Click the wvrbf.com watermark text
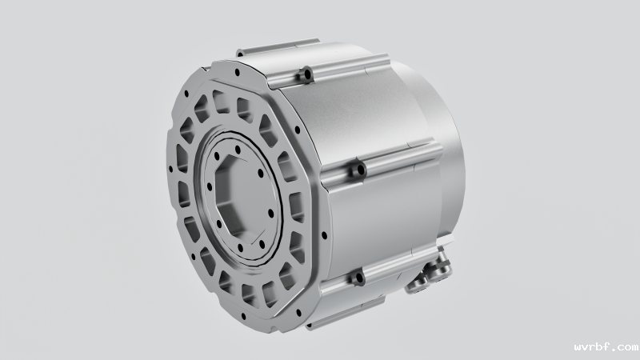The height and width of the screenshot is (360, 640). click(x=606, y=347)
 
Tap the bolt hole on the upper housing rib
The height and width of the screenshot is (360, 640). click(x=307, y=74)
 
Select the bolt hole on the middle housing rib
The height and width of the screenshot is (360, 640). click(x=361, y=169)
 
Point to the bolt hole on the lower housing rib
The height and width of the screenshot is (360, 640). click(x=359, y=278)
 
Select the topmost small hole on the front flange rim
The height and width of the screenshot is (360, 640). click(x=237, y=73)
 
